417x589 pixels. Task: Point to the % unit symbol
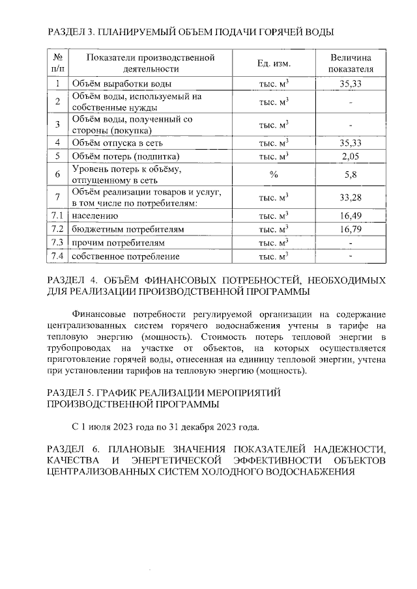click(274, 174)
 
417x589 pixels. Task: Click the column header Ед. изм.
click(274, 63)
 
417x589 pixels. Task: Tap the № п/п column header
click(58, 63)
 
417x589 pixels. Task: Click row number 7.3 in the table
click(58, 243)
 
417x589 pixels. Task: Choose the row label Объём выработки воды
click(122, 83)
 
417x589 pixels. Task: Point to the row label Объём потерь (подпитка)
click(126, 156)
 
